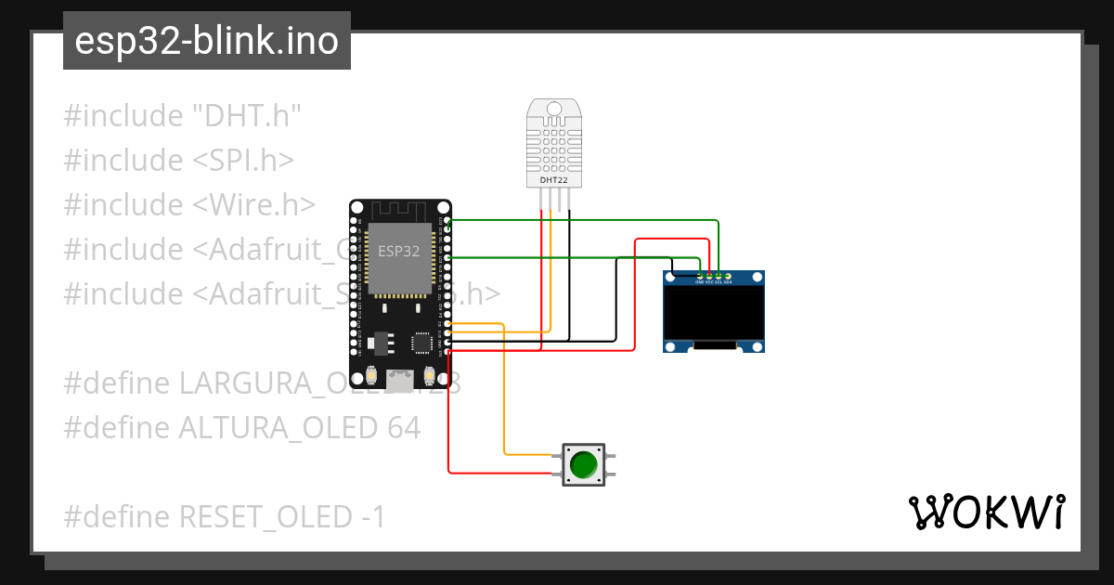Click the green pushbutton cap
(583, 464)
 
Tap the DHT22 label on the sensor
(554, 179)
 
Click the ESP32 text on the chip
(398, 251)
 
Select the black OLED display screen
(713, 313)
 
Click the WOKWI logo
(987, 512)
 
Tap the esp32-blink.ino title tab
(206, 41)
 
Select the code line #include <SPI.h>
(178, 161)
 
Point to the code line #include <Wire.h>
(189, 205)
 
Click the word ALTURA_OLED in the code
(276, 428)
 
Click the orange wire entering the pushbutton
(529, 454)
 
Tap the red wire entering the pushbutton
(529, 473)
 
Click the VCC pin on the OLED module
(708, 276)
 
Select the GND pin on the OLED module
(699, 276)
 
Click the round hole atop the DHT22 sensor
(554, 109)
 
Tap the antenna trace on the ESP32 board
(400, 210)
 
